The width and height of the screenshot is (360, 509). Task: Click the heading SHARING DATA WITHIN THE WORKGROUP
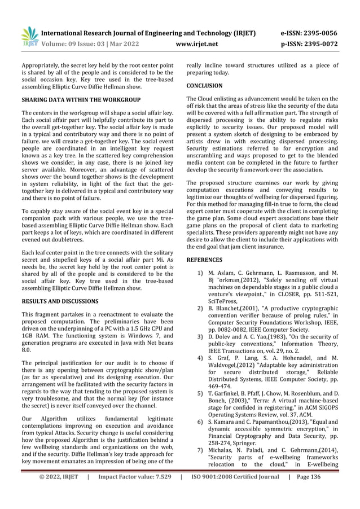tap(81, 100)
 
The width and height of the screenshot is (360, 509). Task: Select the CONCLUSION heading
tap(204, 86)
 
